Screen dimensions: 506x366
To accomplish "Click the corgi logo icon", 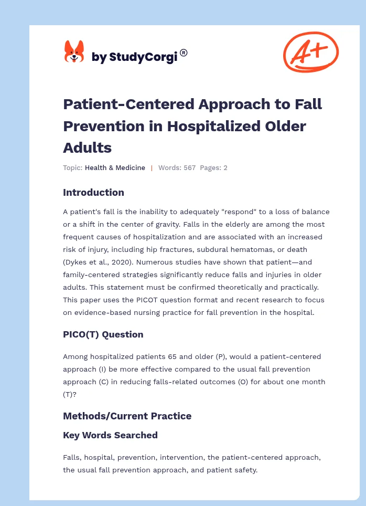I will [x=74, y=52].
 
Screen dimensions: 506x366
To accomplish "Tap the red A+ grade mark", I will [x=311, y=52].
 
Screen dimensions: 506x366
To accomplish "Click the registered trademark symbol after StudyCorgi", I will [x=184, y=52].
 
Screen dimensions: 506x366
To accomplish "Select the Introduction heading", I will [x=93, y=192].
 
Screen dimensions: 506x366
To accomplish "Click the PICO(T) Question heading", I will [x=103, y=334].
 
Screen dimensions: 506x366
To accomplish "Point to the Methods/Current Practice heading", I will [x=127, y=416].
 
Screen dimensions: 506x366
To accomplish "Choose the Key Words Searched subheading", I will [x=110, y=435].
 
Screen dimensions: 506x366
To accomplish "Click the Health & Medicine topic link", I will [x=115, y=168].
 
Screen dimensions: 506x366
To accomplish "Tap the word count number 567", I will [x=189, y=168].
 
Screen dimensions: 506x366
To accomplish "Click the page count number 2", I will [x=225, y=168].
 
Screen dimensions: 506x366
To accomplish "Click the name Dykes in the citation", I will [x=76, y=262].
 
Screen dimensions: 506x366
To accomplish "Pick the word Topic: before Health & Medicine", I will [x=72, y=168].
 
